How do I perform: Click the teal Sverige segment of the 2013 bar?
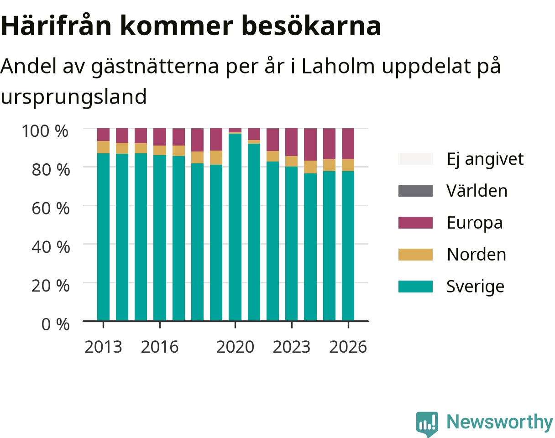(x=103, y=237)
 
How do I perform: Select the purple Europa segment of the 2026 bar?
(x=348, y=144)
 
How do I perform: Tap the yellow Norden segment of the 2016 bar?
(x=160, y=150)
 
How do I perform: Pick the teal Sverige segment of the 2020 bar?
(x=235, y=227)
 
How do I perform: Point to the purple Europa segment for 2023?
(x=292, y=142)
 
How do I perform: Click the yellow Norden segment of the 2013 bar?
(x=103, y=147)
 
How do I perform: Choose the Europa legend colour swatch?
(x=415, y=223)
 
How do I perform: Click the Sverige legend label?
(x=475, y=287)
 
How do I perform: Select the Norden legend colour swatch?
(x=415, y=255)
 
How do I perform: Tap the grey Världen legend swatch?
(x=415, y=191)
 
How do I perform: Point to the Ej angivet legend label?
(x=485, y=159)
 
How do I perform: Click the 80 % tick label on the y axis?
(x=51, y=170)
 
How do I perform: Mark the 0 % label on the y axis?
(x=55, y=324)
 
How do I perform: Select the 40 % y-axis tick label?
(x=51, y=247)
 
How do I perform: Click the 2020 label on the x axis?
(x=235, y=347)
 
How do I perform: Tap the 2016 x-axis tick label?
(x=160, y=347)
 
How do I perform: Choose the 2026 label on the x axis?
(x=348, y=347)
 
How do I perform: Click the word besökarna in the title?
(x=311, y=26)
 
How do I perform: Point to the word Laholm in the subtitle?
(x=338, y=66)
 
